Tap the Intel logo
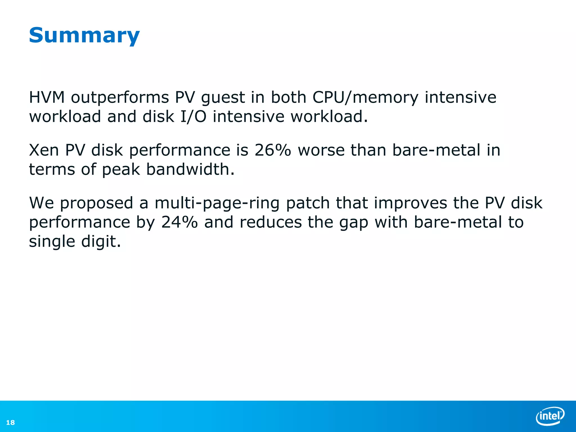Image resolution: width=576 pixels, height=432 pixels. pos(550,416)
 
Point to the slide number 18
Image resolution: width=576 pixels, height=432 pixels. pos(10,422)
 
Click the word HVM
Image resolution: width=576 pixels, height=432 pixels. pos(47,97)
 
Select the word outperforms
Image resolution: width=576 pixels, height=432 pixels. pos(120,98)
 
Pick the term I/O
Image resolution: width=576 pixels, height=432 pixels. pos(193,116)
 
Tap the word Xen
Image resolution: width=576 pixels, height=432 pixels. pos(44,150)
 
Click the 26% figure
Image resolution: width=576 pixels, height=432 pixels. pos(273,150)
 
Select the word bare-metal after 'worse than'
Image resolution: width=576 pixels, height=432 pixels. pos(436,150)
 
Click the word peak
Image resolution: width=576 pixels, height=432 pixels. pos(121,170)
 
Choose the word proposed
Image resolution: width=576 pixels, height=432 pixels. pos(96,203)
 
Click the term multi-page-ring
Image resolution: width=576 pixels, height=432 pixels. pos(217,203)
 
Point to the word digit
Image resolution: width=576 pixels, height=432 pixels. pos(101,242)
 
